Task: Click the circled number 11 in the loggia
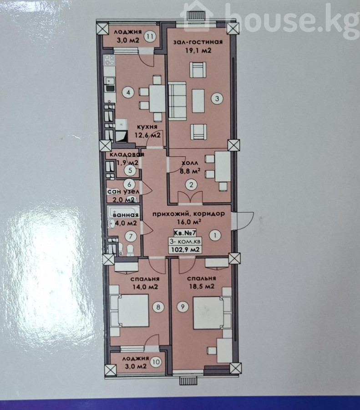(150, 36)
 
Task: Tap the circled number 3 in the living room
(217, 98)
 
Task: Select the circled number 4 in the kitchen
(128, 92)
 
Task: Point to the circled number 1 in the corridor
(215, 235)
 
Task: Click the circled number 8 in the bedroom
(158, 307)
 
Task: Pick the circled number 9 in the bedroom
(183, 307)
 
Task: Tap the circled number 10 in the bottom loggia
(156, 362)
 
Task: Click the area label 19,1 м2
(198, 51)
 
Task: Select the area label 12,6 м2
(147, 135)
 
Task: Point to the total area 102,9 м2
(185, 250)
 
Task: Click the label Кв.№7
(185, 232)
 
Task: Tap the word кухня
(147, 127)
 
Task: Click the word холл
(190, 163)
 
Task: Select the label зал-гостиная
(198, 42)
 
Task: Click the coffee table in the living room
(198, 100)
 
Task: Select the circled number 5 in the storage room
(130, 170)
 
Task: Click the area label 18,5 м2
(202, 287)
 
